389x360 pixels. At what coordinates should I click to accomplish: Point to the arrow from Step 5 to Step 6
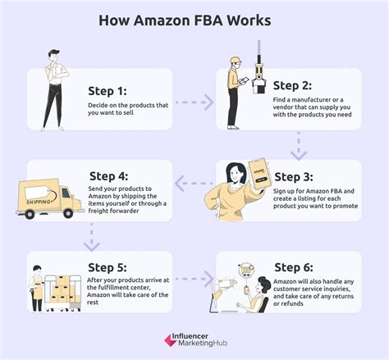click(194, 279)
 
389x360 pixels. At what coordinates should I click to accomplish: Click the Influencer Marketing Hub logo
click(194, 340)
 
